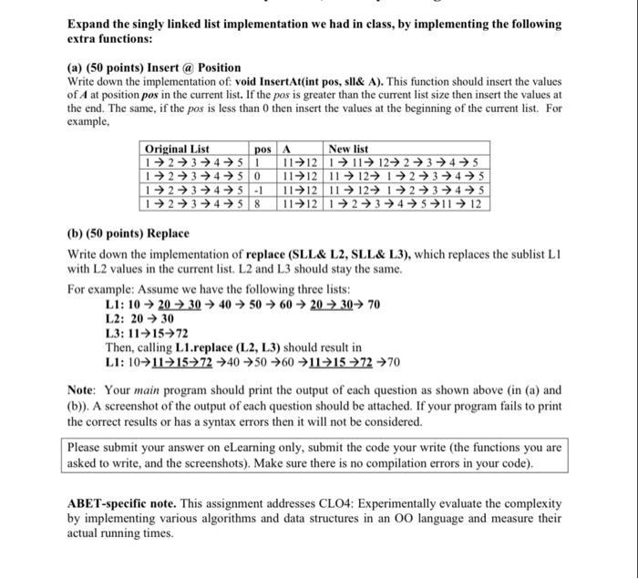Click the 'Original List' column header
(x=178, y=149)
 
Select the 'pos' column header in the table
(x=262, y=149)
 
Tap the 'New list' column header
(x=349, y=149)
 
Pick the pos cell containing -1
(x=257, y=189)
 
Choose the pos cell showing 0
(x=257, y=175)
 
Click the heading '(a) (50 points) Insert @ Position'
(x=155, y=67)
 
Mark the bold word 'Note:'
(x=84, y=390)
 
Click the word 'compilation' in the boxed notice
(x=456, y=462)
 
